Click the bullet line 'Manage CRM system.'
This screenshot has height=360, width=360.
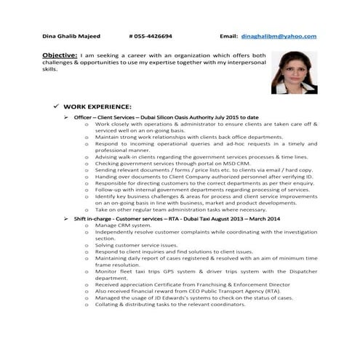coord(122,225)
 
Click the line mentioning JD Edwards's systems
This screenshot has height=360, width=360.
coord(193,297)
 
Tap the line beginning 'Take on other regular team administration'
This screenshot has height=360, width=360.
coord(191,209)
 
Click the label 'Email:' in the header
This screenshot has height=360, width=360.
coord(228,36)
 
